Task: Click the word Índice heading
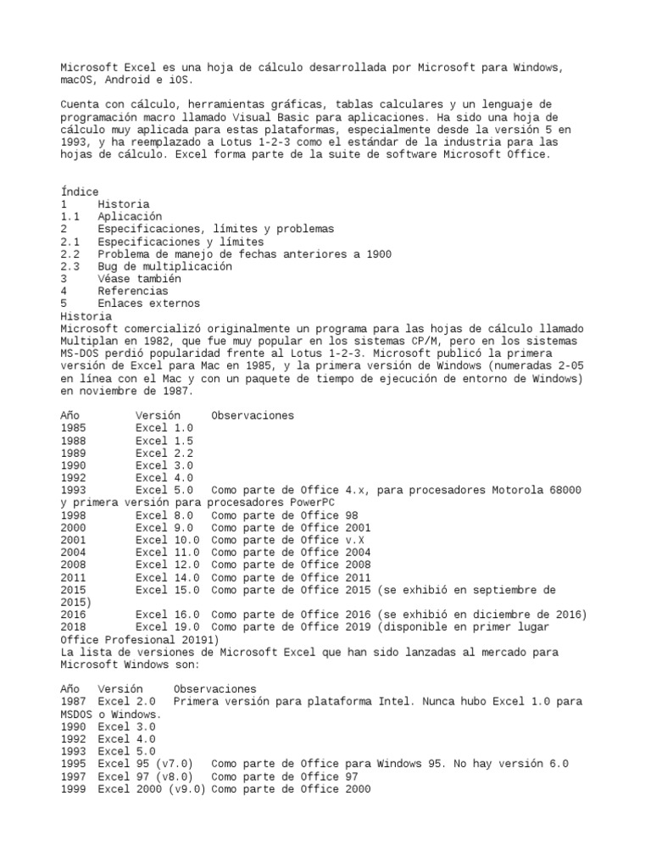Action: click(x=80, y=192)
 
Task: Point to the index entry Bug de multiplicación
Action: click(x=164, y=266)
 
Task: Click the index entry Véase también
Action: click(x=139, y=278)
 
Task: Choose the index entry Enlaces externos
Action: click(x=148, y=303)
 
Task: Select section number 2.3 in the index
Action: click(x=70, y=266)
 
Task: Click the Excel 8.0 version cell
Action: click(x=164, y=515)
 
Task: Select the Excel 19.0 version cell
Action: click(x=168, y=626)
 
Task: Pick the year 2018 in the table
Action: click(x=73, y=626)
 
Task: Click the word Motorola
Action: click(x=517, y=490)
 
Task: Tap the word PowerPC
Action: click(x=318, y=502)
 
